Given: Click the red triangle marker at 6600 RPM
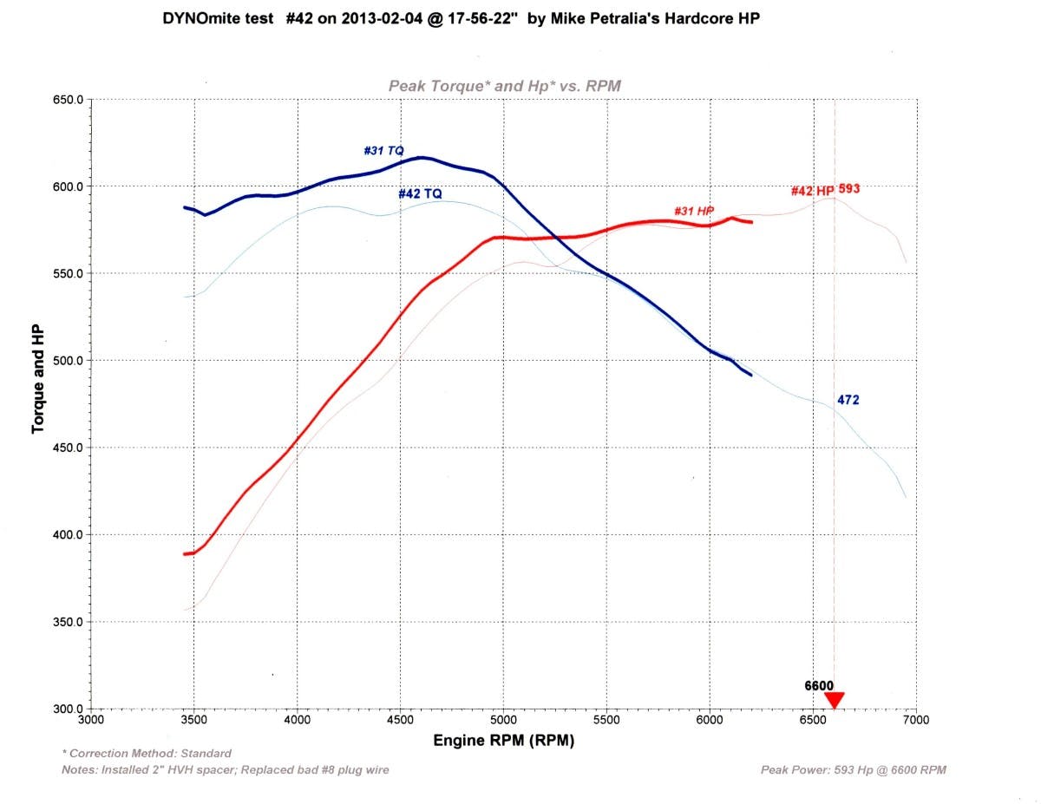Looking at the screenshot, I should (x=835, y=699).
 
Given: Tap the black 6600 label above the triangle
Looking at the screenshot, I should (x=819, y=685).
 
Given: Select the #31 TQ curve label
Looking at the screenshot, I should (x=383, y=151).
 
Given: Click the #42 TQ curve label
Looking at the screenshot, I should (x=421, y=193).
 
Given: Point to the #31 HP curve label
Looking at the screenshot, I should (x=693, y=212).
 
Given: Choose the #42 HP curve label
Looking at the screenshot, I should (x=812, y=191).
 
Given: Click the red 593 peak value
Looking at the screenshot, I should (x=849, y=188).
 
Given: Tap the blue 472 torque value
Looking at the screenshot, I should (x=848, y=400).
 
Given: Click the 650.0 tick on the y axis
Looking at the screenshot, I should (x=68, y=100).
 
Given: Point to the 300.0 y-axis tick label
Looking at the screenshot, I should (x=68, y=709).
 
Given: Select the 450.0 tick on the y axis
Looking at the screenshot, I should (x=68, y=448).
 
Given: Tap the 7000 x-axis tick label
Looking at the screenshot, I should (x=915, y=720).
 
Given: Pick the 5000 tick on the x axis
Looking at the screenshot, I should (x=503, y=720).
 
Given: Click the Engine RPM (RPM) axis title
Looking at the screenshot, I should (x=503, y=741).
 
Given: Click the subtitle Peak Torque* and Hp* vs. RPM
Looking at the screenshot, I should (x=504, y=85).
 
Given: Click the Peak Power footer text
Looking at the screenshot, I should (x=853, y=769).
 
